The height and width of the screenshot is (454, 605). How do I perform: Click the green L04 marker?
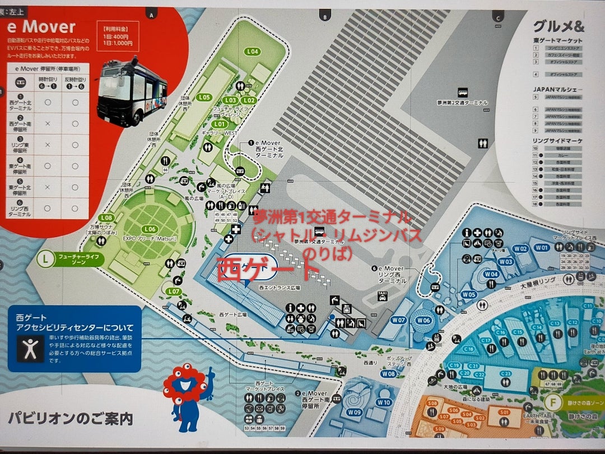253,52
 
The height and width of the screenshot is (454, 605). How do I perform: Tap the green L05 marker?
204,97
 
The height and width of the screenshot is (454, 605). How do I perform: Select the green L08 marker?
106,217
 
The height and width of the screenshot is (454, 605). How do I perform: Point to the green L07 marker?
173,291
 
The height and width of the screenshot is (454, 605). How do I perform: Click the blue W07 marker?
398,320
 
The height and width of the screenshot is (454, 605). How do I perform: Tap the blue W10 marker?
384,402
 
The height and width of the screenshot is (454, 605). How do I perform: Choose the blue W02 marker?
520,248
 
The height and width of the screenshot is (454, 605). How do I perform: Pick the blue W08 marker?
388,373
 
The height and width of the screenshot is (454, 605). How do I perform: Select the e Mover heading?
41,26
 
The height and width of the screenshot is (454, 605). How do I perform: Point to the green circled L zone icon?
44,260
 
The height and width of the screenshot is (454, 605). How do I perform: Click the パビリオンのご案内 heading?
70,418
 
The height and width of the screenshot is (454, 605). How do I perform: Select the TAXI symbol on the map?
383,295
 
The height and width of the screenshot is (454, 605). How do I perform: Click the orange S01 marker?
504,413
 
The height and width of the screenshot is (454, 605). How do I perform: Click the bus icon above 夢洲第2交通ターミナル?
463,93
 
